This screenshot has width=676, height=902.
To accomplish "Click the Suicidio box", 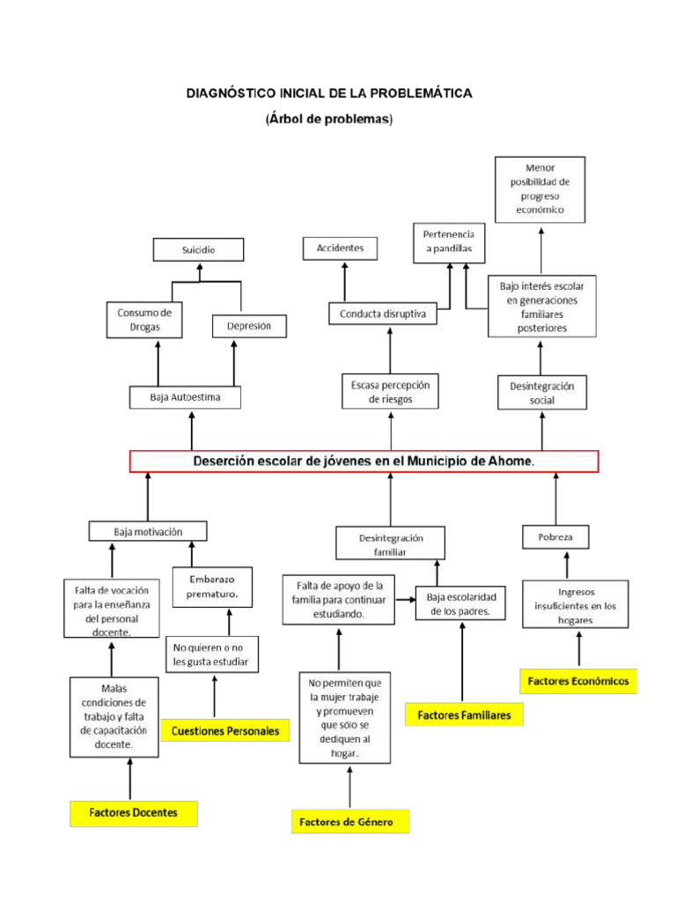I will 198,250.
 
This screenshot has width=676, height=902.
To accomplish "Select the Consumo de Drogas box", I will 144,321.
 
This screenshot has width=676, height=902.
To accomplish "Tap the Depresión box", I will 250,326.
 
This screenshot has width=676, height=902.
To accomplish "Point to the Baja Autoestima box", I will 185,397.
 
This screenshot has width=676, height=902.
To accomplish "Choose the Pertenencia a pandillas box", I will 449,242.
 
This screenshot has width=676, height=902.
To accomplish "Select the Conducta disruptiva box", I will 383,314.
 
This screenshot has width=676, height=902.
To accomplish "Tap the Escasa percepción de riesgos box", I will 390,392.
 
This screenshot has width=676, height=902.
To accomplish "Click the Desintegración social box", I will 542,393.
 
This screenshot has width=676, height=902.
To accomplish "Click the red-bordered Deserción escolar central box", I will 364,462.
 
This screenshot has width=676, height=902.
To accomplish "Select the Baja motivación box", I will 148,531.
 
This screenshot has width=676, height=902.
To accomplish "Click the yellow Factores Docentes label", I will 133,813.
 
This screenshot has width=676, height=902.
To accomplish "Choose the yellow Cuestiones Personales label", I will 226,730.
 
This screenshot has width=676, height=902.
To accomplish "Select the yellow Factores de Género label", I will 350,822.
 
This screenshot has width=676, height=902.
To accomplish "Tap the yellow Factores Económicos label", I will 577,681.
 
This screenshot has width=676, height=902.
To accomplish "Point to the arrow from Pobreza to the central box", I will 556,499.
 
